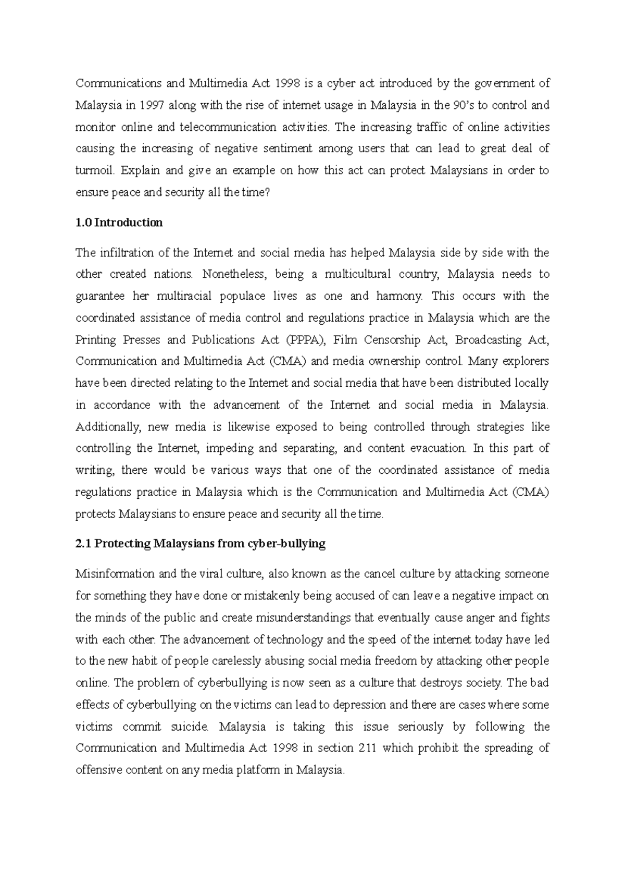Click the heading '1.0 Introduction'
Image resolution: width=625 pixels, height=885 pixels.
click(x=119, y=223)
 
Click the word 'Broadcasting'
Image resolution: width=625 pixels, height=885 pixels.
click(x=488, y=340)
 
